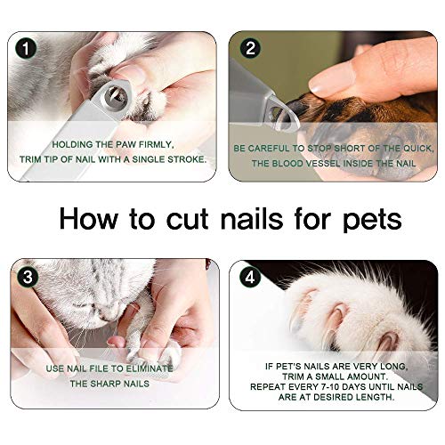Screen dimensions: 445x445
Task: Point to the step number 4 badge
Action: pyautogui.click(x=250, y=277)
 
